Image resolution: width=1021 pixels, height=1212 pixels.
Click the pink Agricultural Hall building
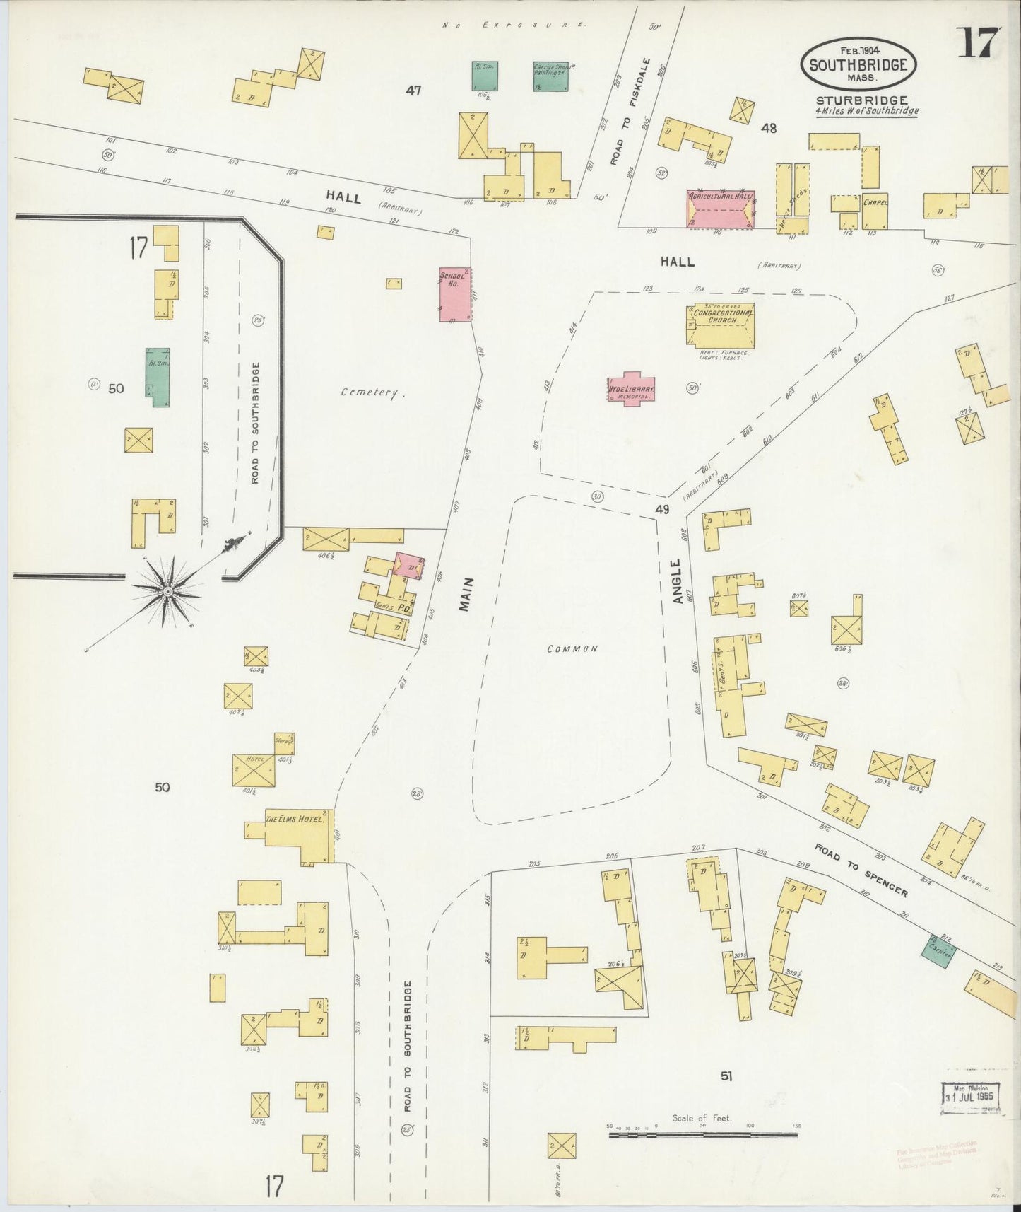click(720, 209)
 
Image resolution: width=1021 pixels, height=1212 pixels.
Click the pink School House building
click(455, 294)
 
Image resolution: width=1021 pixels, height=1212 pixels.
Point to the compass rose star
click(167, 590)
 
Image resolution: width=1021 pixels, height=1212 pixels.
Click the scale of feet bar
click(703, 1136)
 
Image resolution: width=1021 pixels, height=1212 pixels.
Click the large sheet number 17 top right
click(978, 44)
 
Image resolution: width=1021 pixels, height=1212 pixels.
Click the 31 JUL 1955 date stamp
click(971, 1097)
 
